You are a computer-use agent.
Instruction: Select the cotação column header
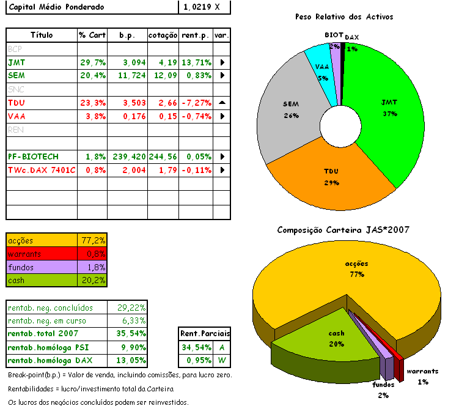163,35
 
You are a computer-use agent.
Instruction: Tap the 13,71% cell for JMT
196,62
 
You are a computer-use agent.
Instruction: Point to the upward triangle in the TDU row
222,102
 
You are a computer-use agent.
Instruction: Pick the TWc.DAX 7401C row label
42,169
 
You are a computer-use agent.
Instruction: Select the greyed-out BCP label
15,48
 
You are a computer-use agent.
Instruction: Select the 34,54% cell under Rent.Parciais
194,347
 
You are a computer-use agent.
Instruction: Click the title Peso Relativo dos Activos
343,17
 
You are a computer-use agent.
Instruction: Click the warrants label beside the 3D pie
422,371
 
